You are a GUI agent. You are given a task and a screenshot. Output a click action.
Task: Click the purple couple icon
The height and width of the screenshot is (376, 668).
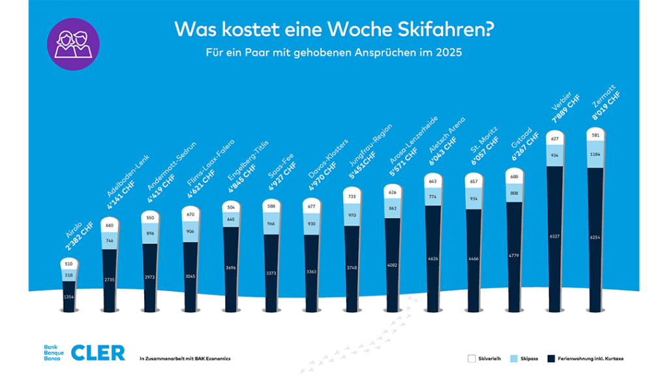(73, 44)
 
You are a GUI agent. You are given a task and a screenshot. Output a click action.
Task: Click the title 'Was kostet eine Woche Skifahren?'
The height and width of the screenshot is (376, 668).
(333, 29)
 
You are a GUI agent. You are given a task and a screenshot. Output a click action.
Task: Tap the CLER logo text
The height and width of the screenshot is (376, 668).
(97, 352)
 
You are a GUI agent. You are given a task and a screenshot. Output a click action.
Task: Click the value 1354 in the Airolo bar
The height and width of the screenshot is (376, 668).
(68, 296)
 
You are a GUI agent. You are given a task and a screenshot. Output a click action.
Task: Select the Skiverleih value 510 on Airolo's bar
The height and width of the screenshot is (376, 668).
(68, 264)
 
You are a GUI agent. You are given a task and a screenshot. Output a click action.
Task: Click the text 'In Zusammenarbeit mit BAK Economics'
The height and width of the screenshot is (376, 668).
(185, 358)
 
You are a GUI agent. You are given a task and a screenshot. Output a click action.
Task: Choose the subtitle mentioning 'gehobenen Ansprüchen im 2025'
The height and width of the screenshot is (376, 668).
(333, 53)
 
